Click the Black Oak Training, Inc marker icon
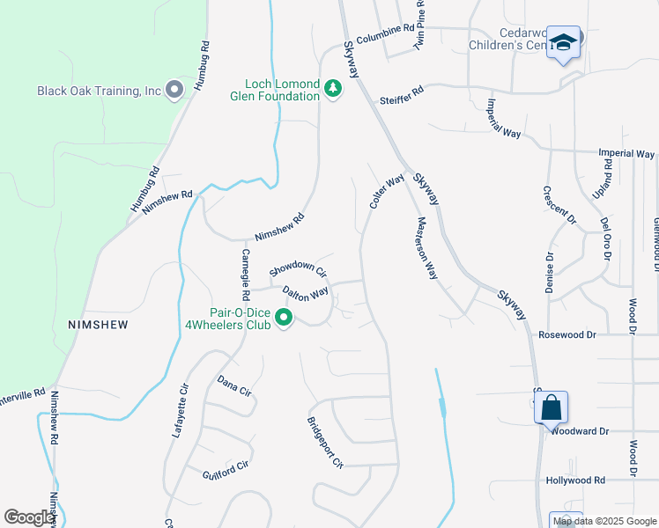pos(174,90)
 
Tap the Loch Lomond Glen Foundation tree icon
pos(332,90)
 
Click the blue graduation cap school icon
pos(562,42)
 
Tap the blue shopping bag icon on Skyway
pos(551,407)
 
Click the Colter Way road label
pos(387,191)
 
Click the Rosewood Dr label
pos(568,334)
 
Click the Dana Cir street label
pos(234,385)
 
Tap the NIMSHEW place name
pos(98,325)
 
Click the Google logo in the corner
pos(29,517)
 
